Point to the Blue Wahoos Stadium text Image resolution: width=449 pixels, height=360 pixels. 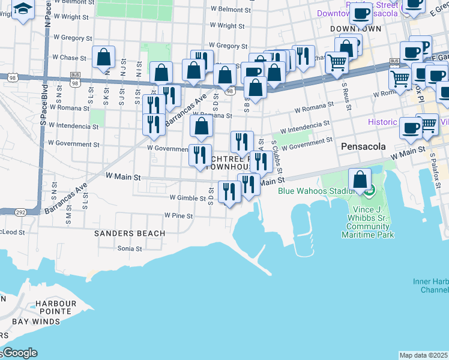tap(314, 191)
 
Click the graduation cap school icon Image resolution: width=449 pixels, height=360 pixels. tap(23, 9)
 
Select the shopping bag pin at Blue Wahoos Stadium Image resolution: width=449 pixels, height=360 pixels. tap(360, 179)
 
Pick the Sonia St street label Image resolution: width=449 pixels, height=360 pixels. tap(129, 248)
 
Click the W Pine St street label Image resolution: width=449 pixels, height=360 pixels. tap(178, 215)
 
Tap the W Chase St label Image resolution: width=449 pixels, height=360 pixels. tap(70, 58)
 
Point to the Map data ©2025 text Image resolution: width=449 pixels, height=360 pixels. tap(423, 355)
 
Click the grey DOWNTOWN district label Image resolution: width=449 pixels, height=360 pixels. tap(356, 29)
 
